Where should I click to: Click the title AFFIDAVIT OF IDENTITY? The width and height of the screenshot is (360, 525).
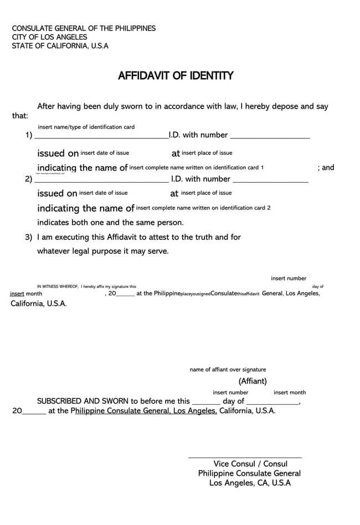coord(175,76)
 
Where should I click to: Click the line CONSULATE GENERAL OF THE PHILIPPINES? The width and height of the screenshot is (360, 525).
coord(84,28)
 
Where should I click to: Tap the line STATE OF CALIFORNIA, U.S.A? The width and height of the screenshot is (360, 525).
coord(60,46)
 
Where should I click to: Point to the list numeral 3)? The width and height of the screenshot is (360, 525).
coord(28,237)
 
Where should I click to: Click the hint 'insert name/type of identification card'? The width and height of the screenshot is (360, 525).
coord(86,127)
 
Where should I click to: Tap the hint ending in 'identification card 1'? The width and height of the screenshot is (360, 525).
coord(197,167)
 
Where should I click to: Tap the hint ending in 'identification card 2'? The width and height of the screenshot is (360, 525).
coord(203,208)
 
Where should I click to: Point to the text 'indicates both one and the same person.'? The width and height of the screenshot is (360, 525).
coord(110,223)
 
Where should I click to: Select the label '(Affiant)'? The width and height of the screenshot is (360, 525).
coord(253,381)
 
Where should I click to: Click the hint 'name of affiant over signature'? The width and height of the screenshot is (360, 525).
coord(228,369)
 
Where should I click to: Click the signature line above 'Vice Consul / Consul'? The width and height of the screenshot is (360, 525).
coord(245,457)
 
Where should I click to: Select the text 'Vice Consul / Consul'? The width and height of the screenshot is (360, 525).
coord(250,464)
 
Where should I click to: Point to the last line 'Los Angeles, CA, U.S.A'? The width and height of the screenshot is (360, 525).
coord(250,483)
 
